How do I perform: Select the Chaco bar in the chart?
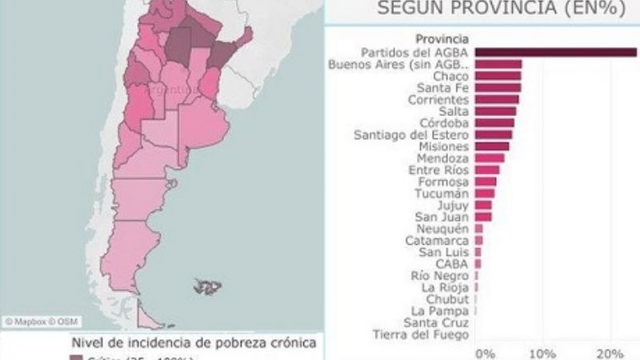[x=498, y=76]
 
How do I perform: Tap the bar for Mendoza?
[x=490, y=158]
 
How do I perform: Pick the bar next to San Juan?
[x=483, y=216]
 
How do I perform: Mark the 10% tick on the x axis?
[x=542, y=353]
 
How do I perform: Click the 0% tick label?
[x=485, y=353]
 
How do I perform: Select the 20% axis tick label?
[x=610, y=353]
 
